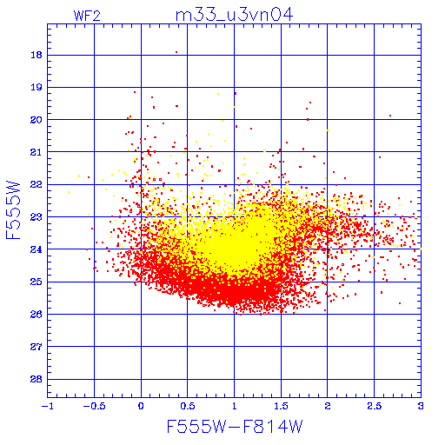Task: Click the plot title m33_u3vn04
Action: coord(234,15)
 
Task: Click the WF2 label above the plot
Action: coord(87,16)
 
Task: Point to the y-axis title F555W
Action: coord(13,210)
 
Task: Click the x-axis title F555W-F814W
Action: coord(235,427)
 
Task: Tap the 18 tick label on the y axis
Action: coord(37,55)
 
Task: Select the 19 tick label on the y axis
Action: coord(37,87)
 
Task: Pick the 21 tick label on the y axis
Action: coord(37,152)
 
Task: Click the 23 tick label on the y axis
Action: coord(37,216)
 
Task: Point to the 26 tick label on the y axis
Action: coord(37,314)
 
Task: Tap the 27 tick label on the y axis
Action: coord(37,347)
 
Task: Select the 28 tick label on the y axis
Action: coord(37,379)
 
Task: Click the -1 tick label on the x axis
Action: coord(47,406)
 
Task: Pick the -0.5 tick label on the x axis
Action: coord(94,406)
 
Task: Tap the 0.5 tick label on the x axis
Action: coord(188,406)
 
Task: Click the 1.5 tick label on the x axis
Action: coord(281,406)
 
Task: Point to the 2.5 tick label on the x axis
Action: coord(374,406)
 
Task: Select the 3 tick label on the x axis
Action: coord(421,406)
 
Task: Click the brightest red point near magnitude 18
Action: coord(176,52)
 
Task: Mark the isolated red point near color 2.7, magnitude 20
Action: coord(390,116)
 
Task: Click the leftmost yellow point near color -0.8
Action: coord(69,192)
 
